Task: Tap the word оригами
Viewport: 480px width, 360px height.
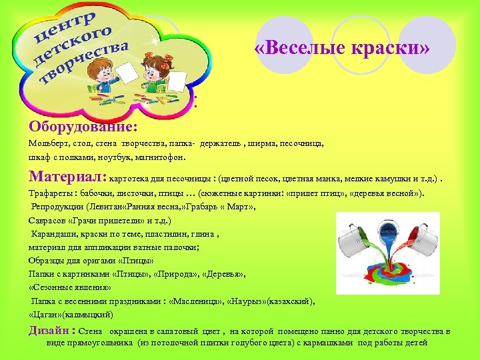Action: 101,261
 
